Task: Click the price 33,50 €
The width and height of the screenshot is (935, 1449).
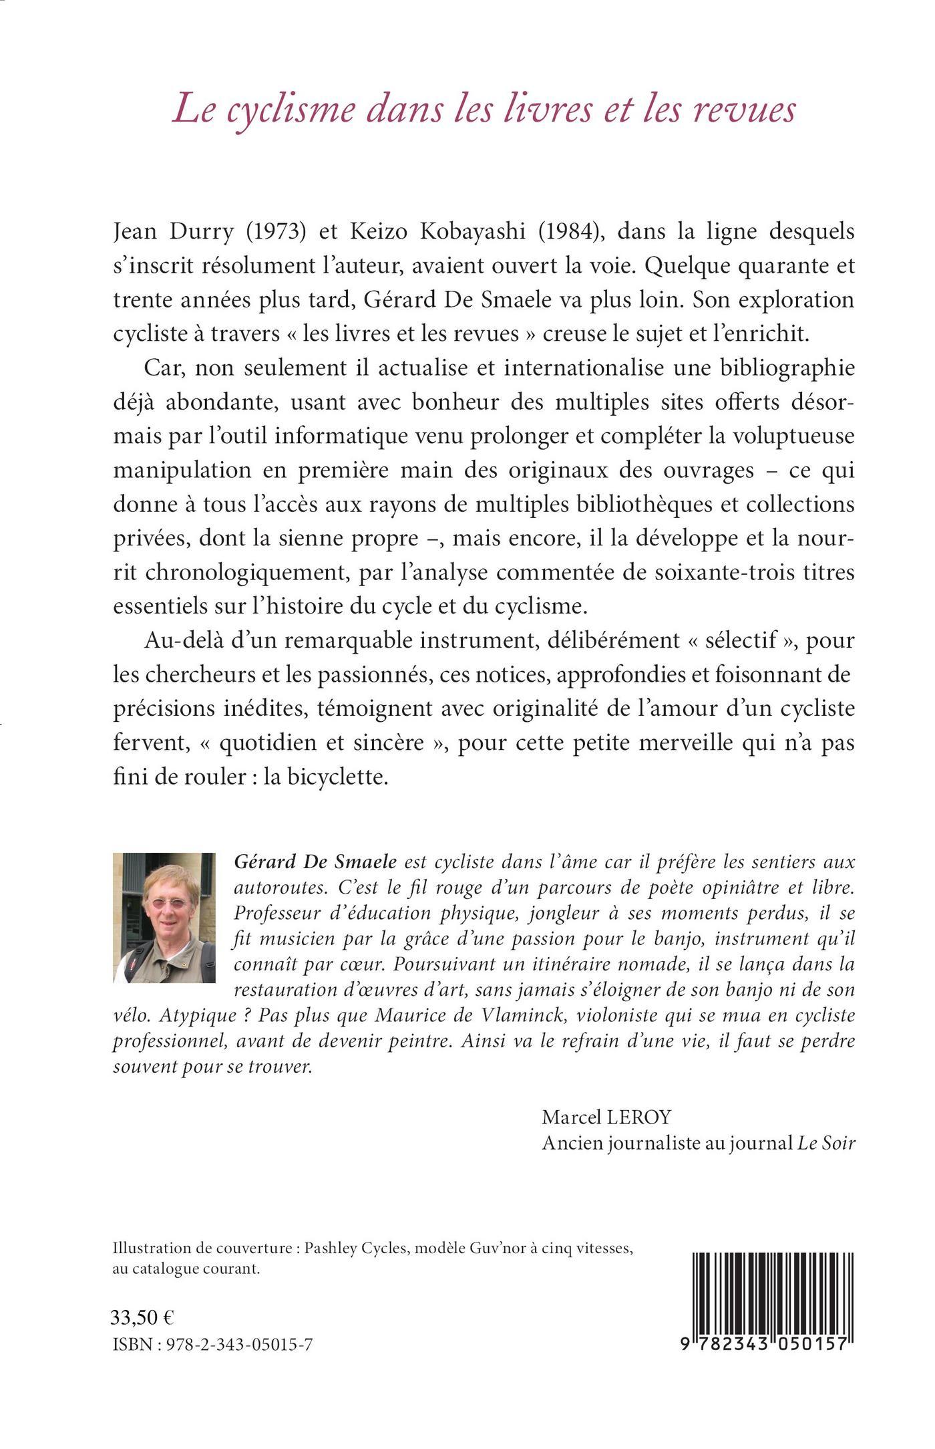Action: [141, 1317]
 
